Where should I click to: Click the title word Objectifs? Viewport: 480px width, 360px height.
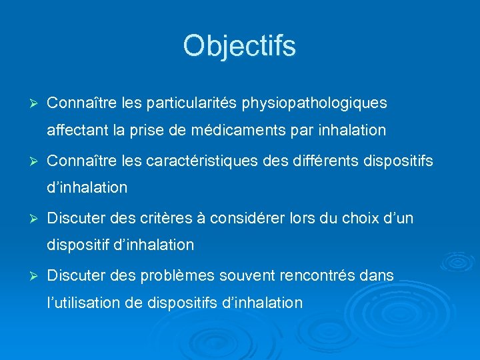click(x=239, y=46)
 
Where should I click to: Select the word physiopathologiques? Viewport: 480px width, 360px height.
click(x=314, y=104)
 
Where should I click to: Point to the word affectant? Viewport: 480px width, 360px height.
click(x=75, y=130)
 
